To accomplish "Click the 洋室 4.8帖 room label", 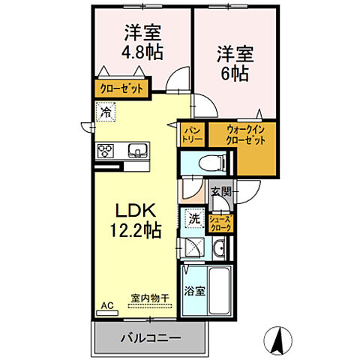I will point(142,43).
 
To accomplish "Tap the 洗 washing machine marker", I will point(193,220).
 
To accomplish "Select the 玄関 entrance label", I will point(220,190).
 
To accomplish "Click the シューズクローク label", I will point(221,222).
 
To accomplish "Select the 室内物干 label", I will point(150,298).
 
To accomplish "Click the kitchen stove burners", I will point(105,150).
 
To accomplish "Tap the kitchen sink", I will point(137,149).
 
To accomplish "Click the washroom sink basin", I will point(219,250).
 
